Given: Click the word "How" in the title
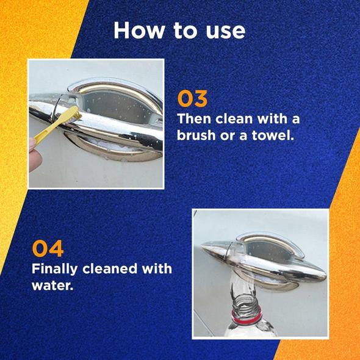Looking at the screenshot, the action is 139,31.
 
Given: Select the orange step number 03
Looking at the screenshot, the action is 192,99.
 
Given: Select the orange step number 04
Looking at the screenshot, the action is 48,248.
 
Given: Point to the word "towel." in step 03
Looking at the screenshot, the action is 273,135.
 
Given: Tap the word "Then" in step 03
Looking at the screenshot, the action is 194,119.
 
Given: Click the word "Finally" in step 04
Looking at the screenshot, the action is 55,269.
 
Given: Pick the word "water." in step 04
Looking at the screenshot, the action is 52,286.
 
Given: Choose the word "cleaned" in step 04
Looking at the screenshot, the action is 110,268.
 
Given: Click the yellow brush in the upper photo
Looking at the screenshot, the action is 57,124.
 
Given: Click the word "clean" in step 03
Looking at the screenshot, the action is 234,119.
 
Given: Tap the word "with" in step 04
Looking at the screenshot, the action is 157,268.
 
